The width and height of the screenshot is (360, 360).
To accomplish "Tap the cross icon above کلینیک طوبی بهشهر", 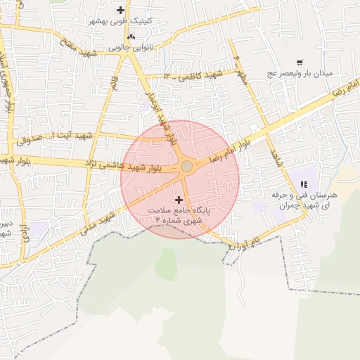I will [x=121, y=10].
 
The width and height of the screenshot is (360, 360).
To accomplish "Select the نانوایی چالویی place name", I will [x=132, y=49].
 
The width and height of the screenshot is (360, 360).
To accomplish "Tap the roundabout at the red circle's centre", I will [x=186, y=167].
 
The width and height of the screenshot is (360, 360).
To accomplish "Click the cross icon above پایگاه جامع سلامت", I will [x=178, y=200].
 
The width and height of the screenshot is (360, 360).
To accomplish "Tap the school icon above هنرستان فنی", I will [x=303, y=184].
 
